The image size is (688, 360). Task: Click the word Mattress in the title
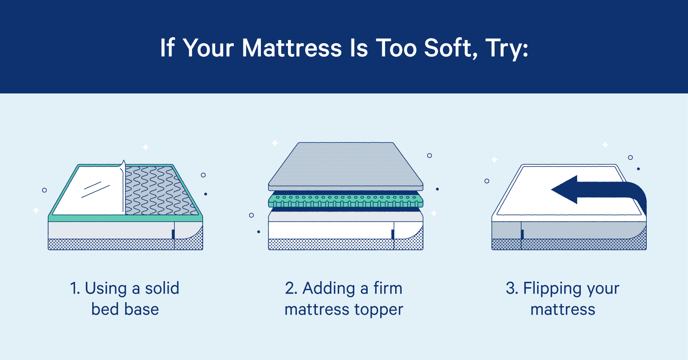tap(292, 48)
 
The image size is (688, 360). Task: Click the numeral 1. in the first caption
tap(75, 288)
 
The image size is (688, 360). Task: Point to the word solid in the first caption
tap(162, 288)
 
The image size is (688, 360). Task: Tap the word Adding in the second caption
tap(329, 288)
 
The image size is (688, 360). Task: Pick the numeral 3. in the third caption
tap(512, 288)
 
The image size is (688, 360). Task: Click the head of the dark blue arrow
tap(564, 190)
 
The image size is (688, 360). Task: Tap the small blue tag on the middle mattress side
tap(392, 234)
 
